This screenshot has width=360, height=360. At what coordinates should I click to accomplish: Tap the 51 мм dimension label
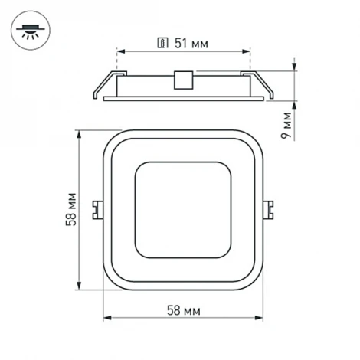[x=191, y=44]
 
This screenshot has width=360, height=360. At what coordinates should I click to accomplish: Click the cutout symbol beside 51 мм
[x=162, y=43]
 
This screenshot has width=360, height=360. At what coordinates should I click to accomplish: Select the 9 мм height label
[x=286, y=125]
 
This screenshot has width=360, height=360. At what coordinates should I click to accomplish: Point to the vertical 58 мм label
[x=71, y=209]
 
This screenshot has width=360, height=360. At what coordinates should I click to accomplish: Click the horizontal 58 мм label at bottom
[x=184, y=311]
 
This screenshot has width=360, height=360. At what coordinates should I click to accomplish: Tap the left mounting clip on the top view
[x=98, y=210]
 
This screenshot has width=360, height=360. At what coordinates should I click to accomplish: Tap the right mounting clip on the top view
[x=268, y=210]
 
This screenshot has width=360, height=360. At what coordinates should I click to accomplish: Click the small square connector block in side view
[x=183, y=80]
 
